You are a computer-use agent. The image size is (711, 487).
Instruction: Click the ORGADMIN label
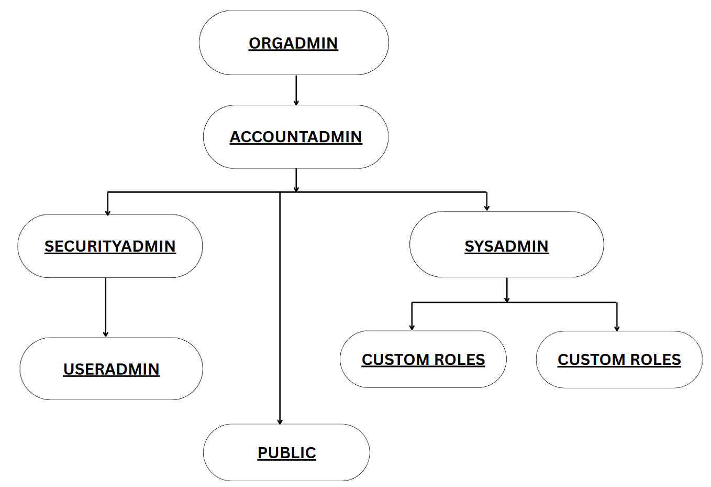(293, 43)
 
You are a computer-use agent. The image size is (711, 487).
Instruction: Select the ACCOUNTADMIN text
(296, 137)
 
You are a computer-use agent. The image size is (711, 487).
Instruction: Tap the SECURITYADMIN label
(110, 246)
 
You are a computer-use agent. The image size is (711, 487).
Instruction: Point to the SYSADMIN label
(506, 246)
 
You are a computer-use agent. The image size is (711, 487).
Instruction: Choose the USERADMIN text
(111, 369)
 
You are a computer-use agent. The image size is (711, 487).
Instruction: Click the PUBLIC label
(286, 453)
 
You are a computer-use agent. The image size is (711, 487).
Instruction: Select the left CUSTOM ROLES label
(423, 360)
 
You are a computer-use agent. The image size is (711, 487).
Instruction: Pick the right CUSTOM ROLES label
(619, 360)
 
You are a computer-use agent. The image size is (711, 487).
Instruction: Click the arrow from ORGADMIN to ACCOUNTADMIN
(296, 90)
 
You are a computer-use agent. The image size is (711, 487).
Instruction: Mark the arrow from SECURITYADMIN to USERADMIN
(106, 307)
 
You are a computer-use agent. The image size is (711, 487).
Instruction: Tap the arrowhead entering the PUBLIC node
(280, 421)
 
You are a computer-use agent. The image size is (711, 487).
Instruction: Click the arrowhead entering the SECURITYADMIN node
(107, 212)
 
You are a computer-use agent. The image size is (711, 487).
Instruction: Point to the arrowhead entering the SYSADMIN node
(487, 208)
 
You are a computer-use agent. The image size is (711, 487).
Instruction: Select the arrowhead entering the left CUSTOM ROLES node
(412, 327)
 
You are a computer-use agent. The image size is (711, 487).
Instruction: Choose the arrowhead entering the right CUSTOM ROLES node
(617, 328)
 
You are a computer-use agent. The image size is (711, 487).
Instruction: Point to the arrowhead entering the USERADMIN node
(106, 333)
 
